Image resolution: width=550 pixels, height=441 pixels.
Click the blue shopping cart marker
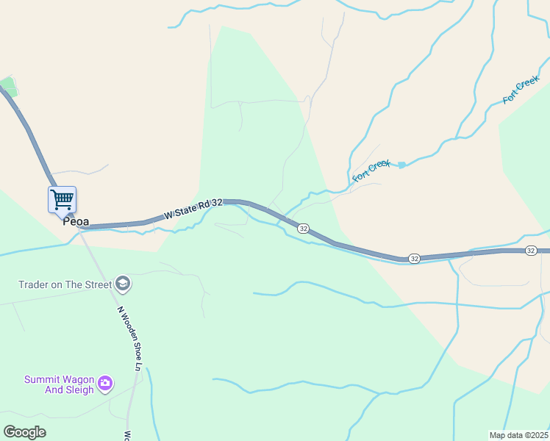[63, 199]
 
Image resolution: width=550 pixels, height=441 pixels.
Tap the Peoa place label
[76, 220]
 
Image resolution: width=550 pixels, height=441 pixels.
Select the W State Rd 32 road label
[193, 208]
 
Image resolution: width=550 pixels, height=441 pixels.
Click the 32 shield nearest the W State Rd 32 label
[303, 229]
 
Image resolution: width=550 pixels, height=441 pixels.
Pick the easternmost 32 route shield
[531, 251]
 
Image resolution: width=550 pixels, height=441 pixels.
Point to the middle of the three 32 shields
[415, 259]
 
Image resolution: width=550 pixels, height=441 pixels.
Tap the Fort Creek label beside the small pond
[371, 171]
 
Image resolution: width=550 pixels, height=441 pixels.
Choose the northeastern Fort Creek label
[521, 89]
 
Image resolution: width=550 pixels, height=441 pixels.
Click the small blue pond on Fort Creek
[401, 165]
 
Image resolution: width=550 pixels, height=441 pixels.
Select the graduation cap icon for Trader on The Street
[123, 284]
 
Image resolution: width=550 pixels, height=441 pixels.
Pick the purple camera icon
[104, 383]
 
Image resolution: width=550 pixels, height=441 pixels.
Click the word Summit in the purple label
[41, 379]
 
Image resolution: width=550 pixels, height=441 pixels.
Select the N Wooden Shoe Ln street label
[129, 337]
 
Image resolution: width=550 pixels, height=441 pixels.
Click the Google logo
[24, 432]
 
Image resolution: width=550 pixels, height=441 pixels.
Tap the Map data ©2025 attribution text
[519, 435]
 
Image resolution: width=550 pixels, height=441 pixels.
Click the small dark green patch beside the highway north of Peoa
[7, 85]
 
